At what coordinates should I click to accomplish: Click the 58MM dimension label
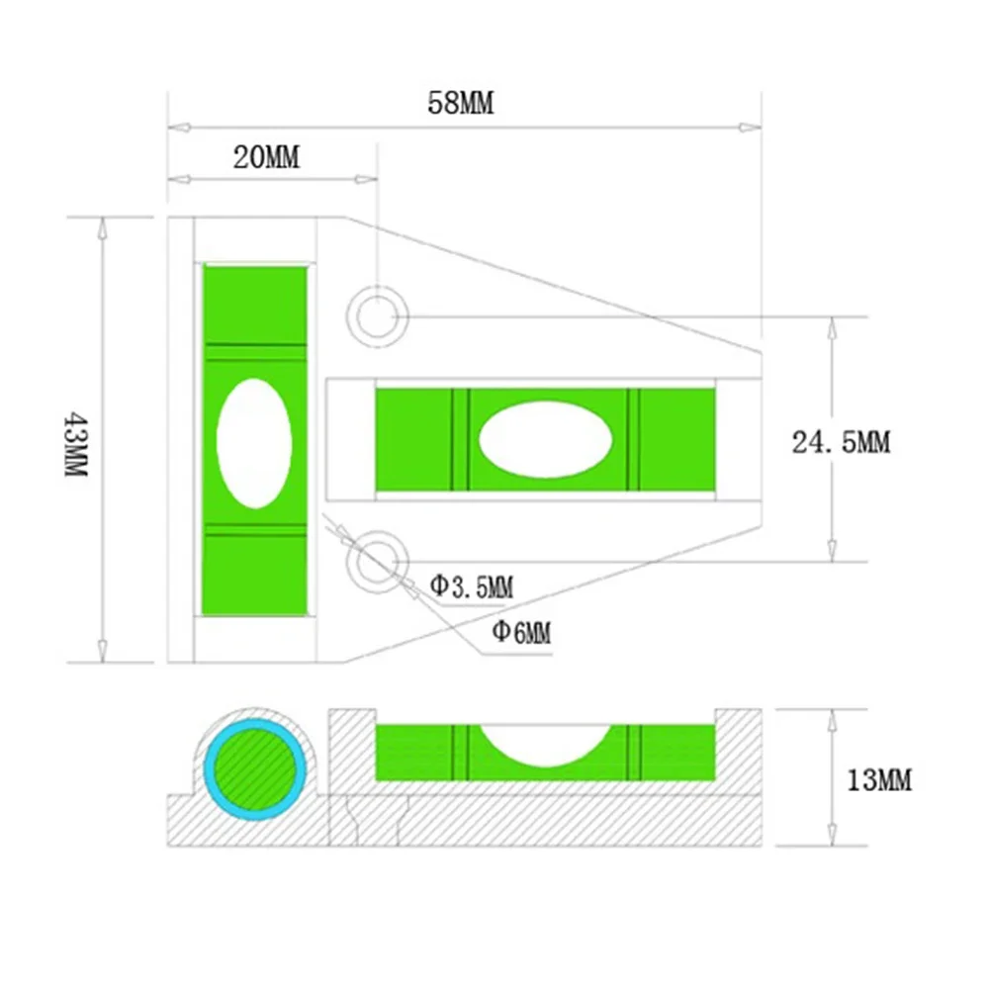(460, 103)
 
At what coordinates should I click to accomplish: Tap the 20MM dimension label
(266, 157)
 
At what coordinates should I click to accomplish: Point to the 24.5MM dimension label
(841, 442)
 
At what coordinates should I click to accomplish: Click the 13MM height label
(879, 780)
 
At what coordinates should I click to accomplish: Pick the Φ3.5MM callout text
(471, 586)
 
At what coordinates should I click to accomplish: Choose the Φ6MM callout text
(520, 631)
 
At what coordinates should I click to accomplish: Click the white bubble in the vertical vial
(254, 443)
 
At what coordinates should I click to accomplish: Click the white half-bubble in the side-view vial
(545, 744)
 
